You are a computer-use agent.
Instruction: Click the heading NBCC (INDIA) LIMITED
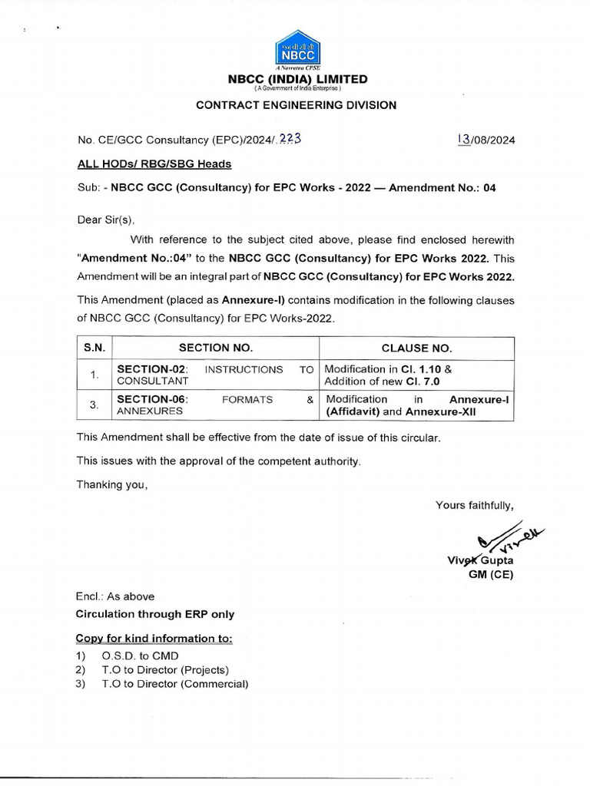296,79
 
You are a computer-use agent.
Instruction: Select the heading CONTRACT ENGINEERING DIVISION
296,105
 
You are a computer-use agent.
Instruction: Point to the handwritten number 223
290,139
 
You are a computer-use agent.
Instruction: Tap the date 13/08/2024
486,140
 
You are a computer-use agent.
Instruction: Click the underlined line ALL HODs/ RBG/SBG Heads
154,163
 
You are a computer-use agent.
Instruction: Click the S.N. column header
94,348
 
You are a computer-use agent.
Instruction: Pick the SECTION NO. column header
215,348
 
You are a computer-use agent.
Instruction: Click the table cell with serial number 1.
94,375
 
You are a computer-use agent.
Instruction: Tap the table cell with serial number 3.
94,405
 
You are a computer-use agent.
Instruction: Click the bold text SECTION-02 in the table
151,369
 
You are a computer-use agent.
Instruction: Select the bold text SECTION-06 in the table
151,399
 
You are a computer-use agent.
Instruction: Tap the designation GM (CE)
496,573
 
